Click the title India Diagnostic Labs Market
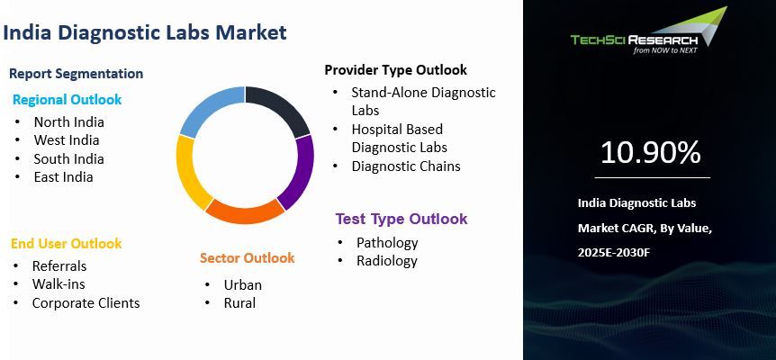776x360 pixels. (145, 33)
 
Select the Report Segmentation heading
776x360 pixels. (76, 74)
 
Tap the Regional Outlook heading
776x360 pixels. (67, 99)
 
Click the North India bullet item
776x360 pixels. (68, 121)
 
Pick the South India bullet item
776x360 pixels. (68, 158)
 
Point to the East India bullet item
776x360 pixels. (63, 176)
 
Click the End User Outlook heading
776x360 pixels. (66, 243)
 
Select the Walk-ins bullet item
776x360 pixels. (59, 283)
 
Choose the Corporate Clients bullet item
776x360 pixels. (86, 302)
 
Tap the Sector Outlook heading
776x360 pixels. (247, 258)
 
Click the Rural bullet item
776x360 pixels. (239, 302)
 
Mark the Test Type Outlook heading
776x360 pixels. (402, 219)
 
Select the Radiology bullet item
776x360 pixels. (386, 261)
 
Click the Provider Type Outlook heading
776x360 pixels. (395, 69)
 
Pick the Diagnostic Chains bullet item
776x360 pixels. (406, 166)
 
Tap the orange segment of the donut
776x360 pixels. (244, 211)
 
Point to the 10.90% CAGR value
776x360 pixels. (650, 153)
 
